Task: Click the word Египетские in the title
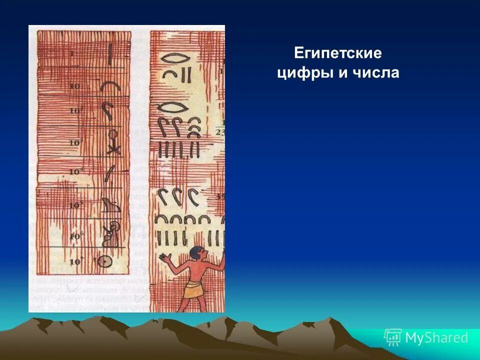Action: coord(337,52)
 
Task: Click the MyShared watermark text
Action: coord(436,338)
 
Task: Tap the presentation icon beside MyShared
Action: coord(393,337)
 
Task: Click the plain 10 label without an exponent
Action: coord(75,86)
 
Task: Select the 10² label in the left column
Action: coord(75,110)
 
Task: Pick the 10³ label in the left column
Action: coord(75,143)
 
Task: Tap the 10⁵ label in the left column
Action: coord(75,205)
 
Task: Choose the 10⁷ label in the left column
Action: coord(75,261)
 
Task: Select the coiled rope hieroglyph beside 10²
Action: coord(108,111)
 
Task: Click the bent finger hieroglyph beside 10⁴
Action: coord(108,172)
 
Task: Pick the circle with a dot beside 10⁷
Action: coord(105,261)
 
